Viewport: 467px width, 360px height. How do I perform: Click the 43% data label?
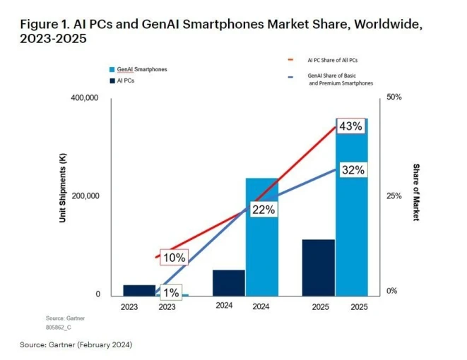[x=351, y=126]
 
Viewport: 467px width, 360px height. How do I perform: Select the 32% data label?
[x=351, y=170]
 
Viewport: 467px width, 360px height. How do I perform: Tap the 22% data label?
[x=263, y=209]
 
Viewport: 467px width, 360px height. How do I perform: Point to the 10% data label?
[x=173, y=258]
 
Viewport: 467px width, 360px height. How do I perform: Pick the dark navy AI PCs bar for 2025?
[x=318, y=268]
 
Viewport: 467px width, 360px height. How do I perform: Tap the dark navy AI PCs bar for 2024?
[x=228, y=282]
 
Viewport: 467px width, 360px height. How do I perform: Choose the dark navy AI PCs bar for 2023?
[x=139, y=290]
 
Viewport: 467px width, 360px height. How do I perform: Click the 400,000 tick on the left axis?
[x=84, y=98]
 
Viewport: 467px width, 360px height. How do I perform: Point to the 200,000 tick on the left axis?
[x=84, y=196]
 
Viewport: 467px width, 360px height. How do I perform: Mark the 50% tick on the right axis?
[x=394, y=97]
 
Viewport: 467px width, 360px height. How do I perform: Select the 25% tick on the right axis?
[x=394, y=196]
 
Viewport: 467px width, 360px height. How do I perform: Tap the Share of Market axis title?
[x=415, y=192]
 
